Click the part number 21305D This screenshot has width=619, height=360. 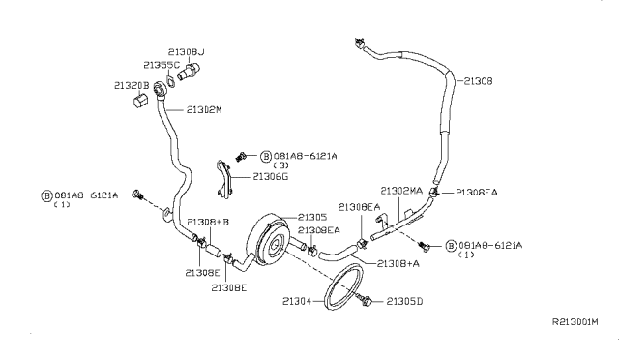click(406, 302)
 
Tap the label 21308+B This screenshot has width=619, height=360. click(208, 222)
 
